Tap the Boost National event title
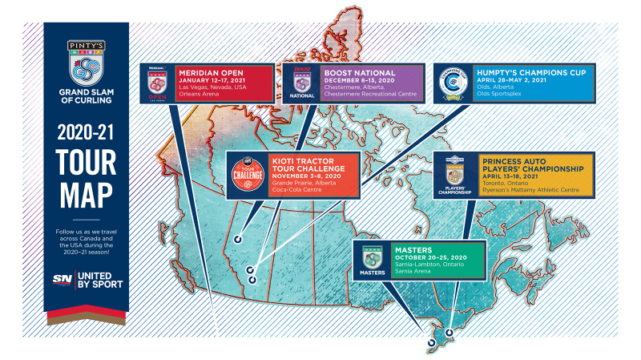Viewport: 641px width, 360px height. point(360,71)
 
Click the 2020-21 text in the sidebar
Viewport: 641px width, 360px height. point(84,131)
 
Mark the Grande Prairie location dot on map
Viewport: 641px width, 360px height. point(237,239)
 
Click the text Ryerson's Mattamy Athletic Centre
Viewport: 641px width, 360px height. point(532,191)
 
